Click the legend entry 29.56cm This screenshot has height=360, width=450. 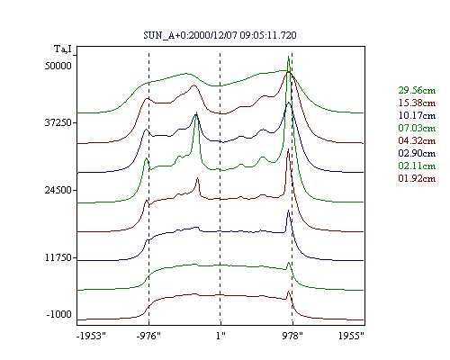(417, 90)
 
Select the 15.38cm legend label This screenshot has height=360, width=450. (417, 103)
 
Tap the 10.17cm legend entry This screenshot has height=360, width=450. (417, 115)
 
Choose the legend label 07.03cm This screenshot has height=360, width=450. (417, 128)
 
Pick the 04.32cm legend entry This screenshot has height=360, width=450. (417, 140)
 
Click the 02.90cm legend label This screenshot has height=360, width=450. (417, 153)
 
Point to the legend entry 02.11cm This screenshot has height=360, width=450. (417, 166)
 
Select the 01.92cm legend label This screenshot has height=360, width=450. (417, 178)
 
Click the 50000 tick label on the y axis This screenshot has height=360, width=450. (58, 66)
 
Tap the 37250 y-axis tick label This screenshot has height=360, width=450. (58, 122)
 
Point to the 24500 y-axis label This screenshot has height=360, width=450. (58, 190)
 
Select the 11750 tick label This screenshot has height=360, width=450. (58, 257)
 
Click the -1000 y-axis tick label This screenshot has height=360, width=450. (59, 314)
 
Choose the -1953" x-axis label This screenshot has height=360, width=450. (91, 336)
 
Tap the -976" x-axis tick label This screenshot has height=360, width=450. (148, 336)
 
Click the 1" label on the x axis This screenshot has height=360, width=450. (220, 336)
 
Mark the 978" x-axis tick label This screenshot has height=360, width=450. (292, 336)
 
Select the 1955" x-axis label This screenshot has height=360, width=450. (351, 336)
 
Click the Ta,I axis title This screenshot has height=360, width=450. (63, 49)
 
